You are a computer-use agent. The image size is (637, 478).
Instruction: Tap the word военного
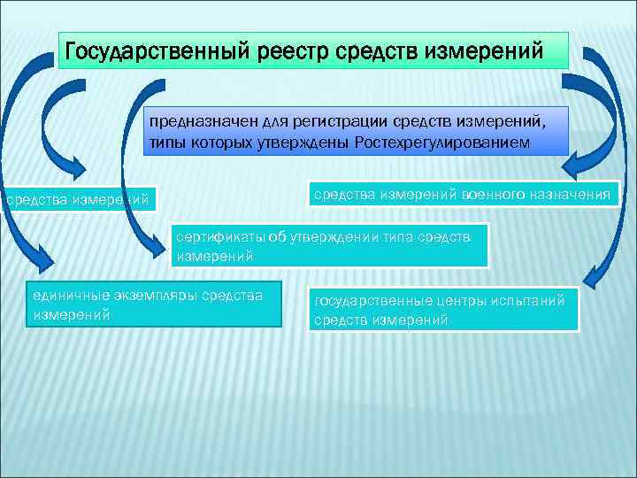coord(498,194)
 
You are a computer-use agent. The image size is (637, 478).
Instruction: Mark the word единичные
coord(67,297)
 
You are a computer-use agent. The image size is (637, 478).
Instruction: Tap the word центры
coord(456,302)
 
